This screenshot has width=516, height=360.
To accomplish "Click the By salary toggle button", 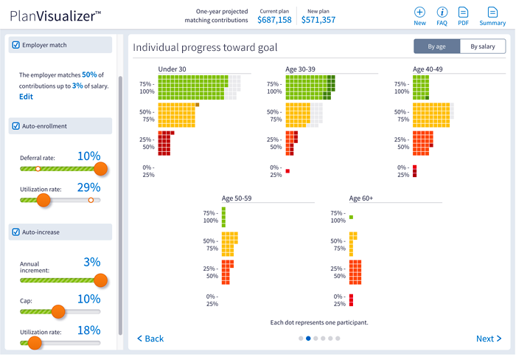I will pyautogui.click(x=483, y=47).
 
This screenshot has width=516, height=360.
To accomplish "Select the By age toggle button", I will pyautogui.click(x=436, y=47).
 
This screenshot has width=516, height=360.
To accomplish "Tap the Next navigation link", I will pyautogui.click(x=489, y=339).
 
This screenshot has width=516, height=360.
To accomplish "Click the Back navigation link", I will pyautogui.click(x=150, y=339).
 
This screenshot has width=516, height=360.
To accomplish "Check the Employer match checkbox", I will pyautogui.click(x=16, y=46).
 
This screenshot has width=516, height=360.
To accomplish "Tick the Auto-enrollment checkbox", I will pyautogui.click(x=16, y=126).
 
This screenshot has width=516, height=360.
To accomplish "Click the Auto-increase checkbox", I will pyautogui.click(x=16, y=232).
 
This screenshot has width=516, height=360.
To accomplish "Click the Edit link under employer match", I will pyautogui.click(x=26, y=97).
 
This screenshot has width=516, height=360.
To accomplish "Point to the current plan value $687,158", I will pyautogui.click(x=274, y=20).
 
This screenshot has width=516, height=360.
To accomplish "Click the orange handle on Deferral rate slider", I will pyautogui.click(x=101, y=169).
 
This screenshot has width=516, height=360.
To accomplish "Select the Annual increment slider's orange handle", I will pyautogui.click(x=101, y=280).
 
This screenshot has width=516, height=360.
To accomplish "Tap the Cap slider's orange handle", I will pyautogui.click(x=59, y=312).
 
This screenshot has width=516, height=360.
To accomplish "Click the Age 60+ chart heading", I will pyautogui.click(x=361, y=198).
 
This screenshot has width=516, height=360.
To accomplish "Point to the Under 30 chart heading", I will pyautogui.click(x=172, y=69).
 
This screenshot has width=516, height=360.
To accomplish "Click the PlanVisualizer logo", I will pyautogui.click(x=55, y=15).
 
